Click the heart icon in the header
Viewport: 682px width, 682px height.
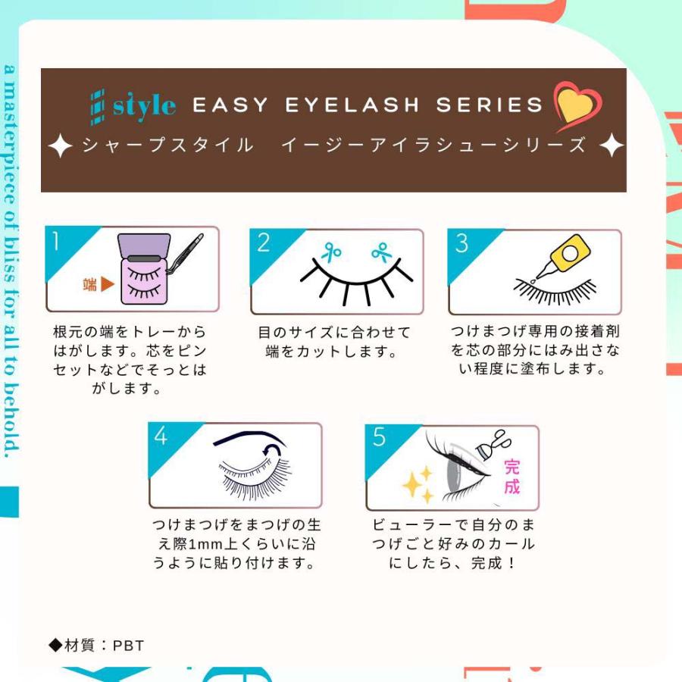pyautogui.click(x=577, y=107)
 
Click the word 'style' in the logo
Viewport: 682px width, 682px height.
pyautogui.click(x=145, y=105)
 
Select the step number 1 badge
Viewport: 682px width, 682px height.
pyautogui.click(x=58, y=241)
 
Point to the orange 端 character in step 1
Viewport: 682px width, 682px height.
pyautogui.click(x=89, y=285)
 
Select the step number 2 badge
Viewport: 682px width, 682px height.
pyautogui.click(x=264, y=243)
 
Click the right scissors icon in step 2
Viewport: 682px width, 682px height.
pyautogui.click(x=381, y=251)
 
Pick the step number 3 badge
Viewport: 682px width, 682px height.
pyautogui.click(x=461, y=244)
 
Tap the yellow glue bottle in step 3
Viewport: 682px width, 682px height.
pyautogui.click(x=568, y=254)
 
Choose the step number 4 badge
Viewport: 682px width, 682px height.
pyautogui.click(x=161, y=436)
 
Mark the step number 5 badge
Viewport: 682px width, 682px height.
pyautogui.click(x=379, y=438)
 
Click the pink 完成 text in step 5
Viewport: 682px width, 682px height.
pyautogui.click(x=511, y=475)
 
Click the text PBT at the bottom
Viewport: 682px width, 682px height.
pyautogui.click(x=128, y=646)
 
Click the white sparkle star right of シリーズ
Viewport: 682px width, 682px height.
pyautogui.click(x=611, y=145)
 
